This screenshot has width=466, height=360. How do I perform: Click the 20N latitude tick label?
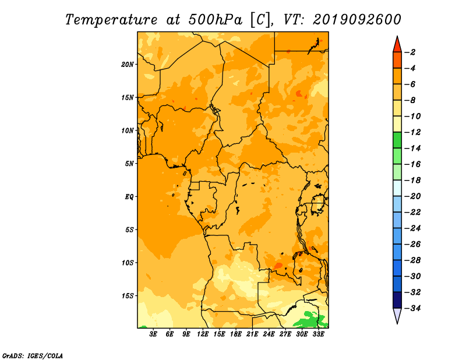(127, 65)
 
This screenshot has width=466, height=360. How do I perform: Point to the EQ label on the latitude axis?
(129, 197)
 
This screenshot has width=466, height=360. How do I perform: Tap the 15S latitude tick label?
(127, 296)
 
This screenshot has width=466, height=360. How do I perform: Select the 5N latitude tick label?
(129, 164)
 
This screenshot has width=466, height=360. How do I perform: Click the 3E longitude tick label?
(153, 334)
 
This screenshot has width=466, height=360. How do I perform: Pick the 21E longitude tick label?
(252, 334)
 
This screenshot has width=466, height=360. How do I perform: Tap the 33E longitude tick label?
(318, 334)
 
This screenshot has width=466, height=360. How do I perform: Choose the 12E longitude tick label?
(203, 334)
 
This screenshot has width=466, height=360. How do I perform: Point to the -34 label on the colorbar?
(413, 308)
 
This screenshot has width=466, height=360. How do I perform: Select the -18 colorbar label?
(413, 181)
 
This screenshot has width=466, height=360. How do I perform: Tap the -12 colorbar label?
(413, 132)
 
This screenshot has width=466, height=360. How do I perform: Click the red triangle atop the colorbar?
(397, 45)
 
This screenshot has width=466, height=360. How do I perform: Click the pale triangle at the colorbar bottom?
(397, 314)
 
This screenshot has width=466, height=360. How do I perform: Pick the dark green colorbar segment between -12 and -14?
(397, 140)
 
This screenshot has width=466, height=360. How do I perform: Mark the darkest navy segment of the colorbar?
(397, 300)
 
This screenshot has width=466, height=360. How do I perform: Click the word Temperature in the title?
(111, 20)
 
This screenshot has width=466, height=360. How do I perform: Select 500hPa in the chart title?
(215, 20)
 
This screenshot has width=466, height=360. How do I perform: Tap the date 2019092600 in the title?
(357, 20)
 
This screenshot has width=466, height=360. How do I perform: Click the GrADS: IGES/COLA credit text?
(33, 356)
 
